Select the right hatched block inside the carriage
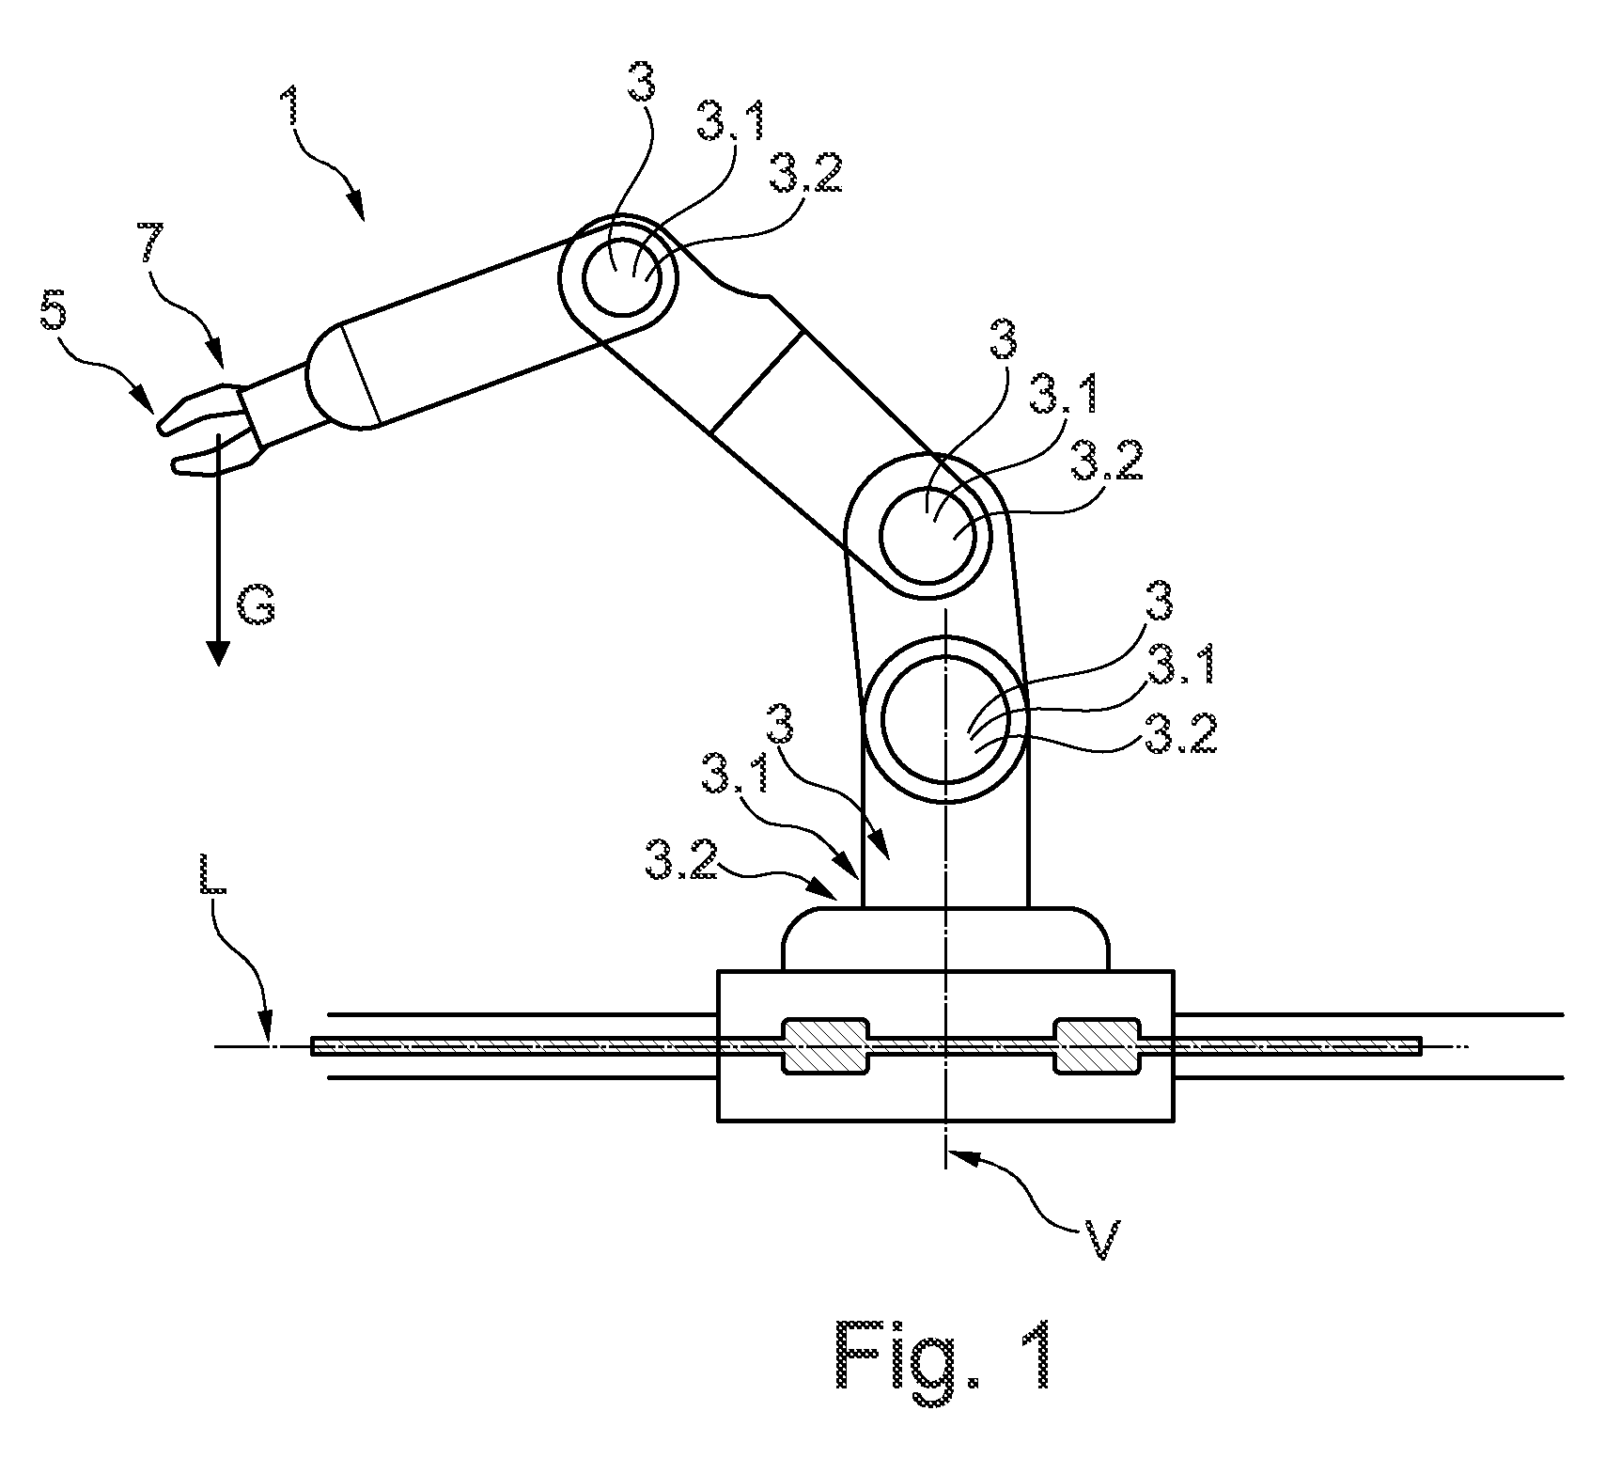(x=1098, y=1045)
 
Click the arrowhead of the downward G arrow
(x=218, y=653)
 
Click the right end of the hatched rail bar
(x=1423, y=1045)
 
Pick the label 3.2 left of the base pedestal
(x=681, y=861)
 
